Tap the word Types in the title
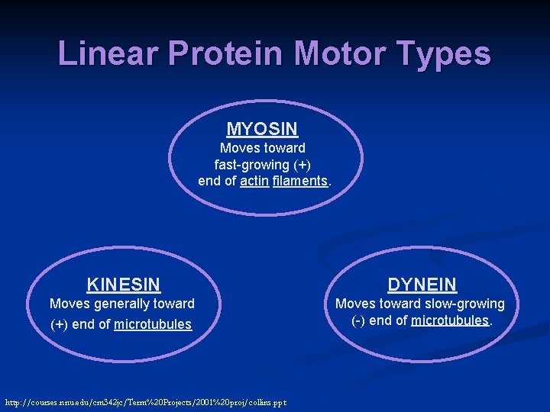(x=444, y=53)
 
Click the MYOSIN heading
(x=262, y=129)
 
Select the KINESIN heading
(x=124, y=285)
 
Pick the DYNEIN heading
(x=422, y=285)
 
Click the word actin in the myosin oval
(x=254, y=182)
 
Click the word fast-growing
(x=252, y=165)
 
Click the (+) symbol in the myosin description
(x=302, y=165)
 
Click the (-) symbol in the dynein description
(x=358, y=320)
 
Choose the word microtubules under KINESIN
(x=153, y=325)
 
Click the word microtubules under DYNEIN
(x=450, y=320)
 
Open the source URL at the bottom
(x=145, y=402)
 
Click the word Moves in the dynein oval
(x=354, y=304)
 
